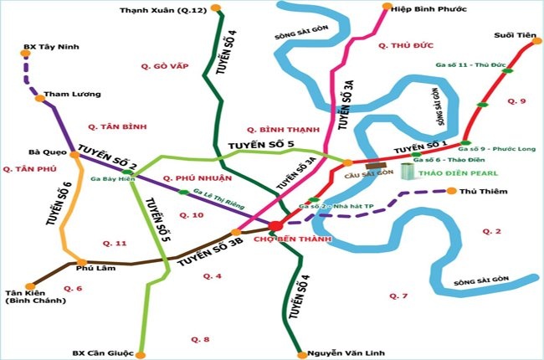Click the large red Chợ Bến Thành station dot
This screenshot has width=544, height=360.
click(275, 224)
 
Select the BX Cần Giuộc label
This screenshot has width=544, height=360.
click(102, 353)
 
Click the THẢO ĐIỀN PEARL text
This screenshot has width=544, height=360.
click(460, 173)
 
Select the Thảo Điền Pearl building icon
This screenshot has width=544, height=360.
click(408, 172)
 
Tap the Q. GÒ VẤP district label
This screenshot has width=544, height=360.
click(163, 65)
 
